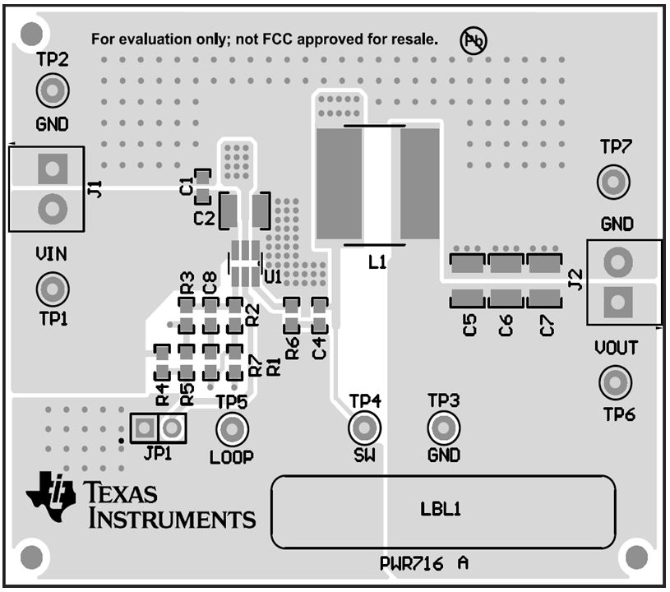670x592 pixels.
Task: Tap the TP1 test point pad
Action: [x=52, y=289]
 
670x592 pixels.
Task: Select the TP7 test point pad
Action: [x=613, y=181]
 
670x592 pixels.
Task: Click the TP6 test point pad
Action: [x=613, y=382]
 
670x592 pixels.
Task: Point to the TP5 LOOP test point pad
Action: [x=232, y=429]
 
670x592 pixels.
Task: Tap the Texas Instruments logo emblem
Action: [x=52, y=496]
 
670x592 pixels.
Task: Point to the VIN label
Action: [x=51, y=254]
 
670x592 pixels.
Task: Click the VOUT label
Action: [x=616, y=348]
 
